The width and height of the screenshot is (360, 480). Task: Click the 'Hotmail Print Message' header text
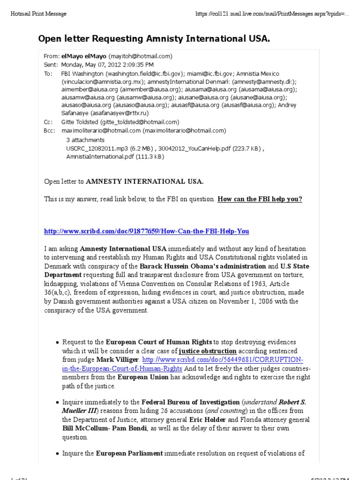(38, 14)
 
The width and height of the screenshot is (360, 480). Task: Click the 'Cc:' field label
(48, 122)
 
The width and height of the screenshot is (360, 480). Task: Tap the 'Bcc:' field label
(49, 130)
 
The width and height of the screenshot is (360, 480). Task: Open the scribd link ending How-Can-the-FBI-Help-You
(146, 231)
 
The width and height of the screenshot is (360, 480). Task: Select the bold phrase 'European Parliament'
(129, 453)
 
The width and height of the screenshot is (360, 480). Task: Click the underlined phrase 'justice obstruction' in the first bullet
(208, 351)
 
